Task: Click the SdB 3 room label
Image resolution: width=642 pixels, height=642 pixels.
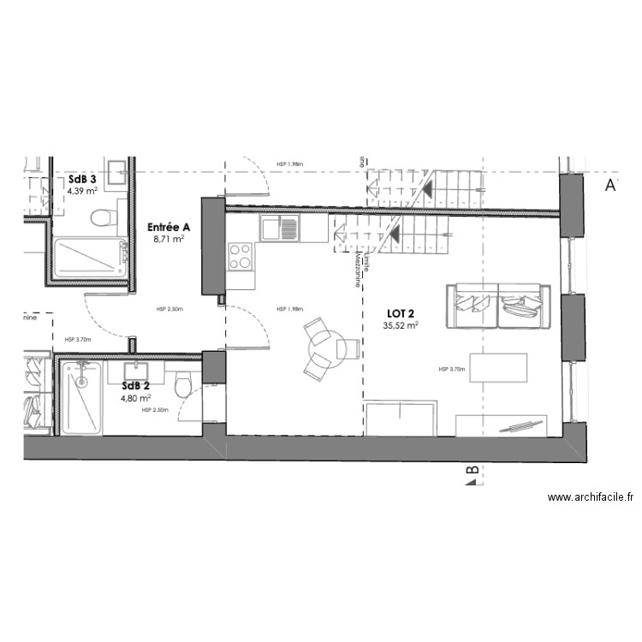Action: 82,179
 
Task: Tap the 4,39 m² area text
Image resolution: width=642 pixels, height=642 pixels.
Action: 84,191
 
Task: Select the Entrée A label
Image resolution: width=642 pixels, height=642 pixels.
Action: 169,227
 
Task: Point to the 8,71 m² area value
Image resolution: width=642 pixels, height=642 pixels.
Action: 169,240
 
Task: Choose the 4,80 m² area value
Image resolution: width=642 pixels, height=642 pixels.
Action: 135,397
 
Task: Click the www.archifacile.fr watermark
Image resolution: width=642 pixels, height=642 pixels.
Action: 590,496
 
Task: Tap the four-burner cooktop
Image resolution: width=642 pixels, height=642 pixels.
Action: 241,255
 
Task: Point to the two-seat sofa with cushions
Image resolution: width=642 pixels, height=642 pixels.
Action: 498,306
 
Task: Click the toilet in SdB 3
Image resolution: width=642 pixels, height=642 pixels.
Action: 104,217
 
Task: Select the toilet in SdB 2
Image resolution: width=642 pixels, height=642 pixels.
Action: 183,387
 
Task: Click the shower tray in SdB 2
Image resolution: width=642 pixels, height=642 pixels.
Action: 82,396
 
